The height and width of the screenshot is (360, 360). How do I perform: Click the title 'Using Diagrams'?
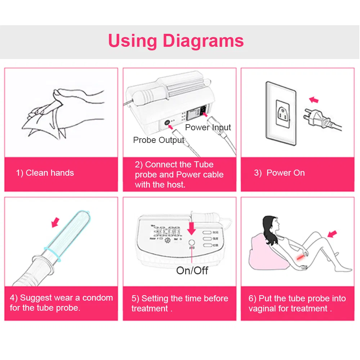point(176,41)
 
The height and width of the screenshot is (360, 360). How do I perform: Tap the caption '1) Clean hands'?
point(45,173)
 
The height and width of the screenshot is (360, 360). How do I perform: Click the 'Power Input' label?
point(208,127)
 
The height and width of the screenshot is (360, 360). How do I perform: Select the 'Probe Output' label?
point(159,140)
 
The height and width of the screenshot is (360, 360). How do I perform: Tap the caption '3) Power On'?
point(279,173)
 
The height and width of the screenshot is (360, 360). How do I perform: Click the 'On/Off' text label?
point(192,271)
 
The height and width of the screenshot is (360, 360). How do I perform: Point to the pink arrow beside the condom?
point(55,222)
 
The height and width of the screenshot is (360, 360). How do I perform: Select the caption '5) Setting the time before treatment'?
point(180,303)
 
